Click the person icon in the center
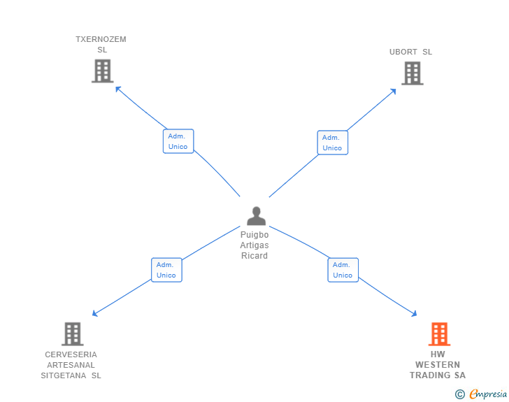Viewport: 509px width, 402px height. tap(256, 215)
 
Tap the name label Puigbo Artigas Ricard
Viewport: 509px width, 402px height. tap(254, 245)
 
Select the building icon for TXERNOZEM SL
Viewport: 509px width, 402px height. tap(102, 71)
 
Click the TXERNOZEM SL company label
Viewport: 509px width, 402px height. tap(101, 45)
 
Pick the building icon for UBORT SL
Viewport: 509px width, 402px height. tap(412, 73)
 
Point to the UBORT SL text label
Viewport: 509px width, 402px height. tap(411, 52)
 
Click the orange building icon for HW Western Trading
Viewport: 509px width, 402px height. tap(439, 334)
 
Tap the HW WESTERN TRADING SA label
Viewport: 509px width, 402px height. tap(438, 365)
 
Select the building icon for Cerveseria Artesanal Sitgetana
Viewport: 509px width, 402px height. tap(72, 333)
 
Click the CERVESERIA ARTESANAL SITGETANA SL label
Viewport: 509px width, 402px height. tap(71, 365)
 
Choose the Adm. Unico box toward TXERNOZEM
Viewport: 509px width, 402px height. tap(178, 141)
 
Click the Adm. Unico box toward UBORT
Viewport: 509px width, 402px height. tap(332, 143)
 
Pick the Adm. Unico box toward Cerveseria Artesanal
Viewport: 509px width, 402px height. tap(166, 270)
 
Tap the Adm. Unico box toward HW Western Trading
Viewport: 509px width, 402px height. tap(343, 270)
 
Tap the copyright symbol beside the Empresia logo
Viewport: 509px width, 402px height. tap(460, 394)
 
